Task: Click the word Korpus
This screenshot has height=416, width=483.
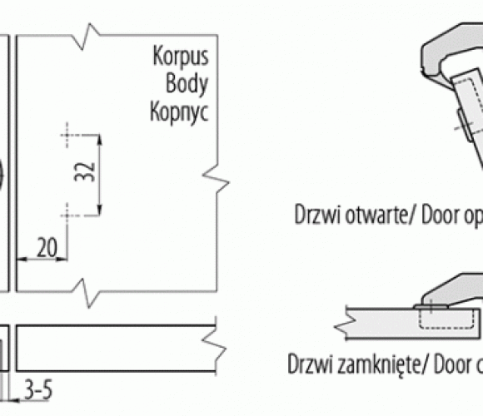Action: click(181, 57)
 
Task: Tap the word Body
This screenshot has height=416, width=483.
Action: click(187, 84)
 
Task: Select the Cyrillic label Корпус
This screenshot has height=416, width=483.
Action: click(179, 112)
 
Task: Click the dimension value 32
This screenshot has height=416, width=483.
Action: click(85, 171)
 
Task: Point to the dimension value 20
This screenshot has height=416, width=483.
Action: click(47, 247)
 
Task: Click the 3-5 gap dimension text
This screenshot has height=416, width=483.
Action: click(38, 389)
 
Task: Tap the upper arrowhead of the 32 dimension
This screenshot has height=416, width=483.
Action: click(99, 139)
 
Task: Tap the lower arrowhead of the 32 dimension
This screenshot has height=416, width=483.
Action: click(99, 210)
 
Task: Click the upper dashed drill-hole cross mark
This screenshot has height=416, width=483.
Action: click(67, 135)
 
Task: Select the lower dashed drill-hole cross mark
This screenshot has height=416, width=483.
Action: click(67, 215)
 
